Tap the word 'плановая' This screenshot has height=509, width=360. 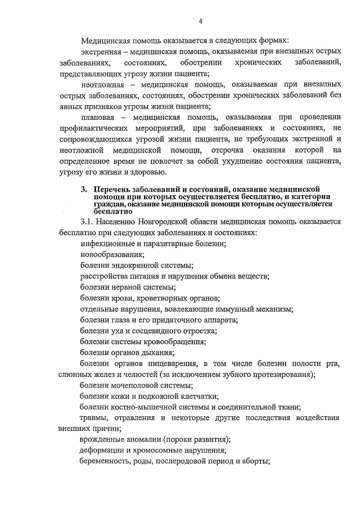[x=98, y=118]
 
